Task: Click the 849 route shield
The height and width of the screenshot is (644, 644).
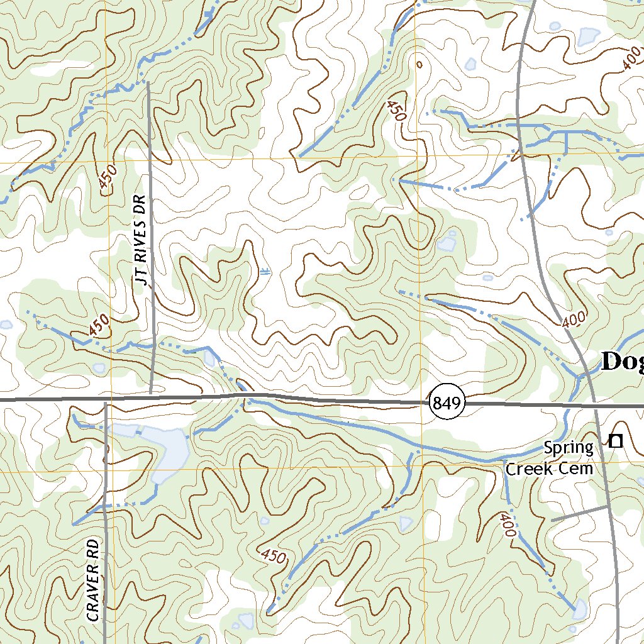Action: (447, 402)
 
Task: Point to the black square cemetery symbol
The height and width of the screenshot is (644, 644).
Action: (616, 441)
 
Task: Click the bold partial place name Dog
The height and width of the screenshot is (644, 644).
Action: (621, 362)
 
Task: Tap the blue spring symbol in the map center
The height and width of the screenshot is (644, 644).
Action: (265, 272)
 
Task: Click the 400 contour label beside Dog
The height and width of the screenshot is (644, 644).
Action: (574, 319)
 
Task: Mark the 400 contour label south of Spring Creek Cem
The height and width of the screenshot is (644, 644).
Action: (507, 525)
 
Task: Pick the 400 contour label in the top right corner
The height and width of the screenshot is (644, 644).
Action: (631, 63)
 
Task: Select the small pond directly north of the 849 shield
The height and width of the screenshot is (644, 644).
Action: (448, 243)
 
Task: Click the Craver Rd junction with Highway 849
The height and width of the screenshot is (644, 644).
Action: (105, 400)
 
